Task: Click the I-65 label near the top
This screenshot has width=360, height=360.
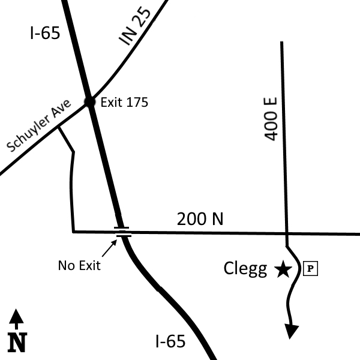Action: tap(45, 32)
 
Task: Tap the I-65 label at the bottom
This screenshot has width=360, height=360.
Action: tap(170, 341)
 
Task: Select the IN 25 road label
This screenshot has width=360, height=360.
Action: tap(135, 26)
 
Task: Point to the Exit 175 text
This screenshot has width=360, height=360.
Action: tap(124, 102)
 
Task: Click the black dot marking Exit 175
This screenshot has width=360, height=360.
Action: tap(89, 101)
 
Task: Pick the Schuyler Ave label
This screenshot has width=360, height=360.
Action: tap(39, 125)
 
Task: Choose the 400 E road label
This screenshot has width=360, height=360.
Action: tap(271, 119)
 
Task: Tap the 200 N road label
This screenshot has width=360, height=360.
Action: tap(200, 219)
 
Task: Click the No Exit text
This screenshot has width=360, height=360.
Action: tap(79, 265)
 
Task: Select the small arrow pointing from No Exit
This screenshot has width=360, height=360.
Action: tap(109, 248)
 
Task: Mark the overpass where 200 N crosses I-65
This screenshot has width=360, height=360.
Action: tap(123, 232)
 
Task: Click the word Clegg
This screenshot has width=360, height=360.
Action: tap(245, 269)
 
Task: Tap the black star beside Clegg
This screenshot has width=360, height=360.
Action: tap(283, 269)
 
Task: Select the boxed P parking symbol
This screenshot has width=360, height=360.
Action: tap(310, 268)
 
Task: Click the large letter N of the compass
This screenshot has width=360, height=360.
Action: tap(17, 343)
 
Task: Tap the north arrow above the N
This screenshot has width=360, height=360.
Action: tap(16, 319)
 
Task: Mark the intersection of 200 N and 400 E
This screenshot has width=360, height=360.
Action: tap(287, 234)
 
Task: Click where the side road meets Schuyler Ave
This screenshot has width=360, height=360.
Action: tap(58, 127)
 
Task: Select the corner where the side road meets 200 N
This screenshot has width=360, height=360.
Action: tap(73, 232)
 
